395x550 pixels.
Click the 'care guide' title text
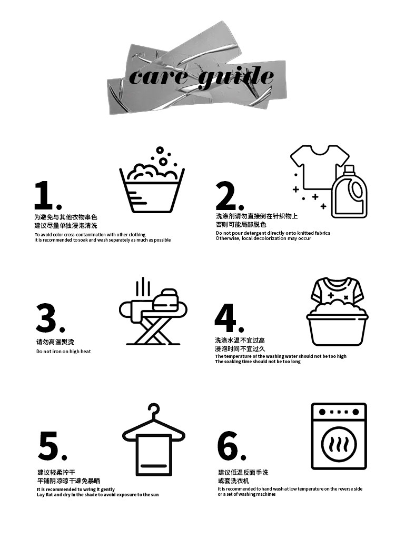pyautogui.click(x=201, y=77)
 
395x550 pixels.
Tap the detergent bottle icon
pyautogui.click(x=349, y=192)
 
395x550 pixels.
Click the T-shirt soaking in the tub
pyautogui.click(x=337, y=291)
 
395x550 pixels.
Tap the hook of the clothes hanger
pyautogui.click(x=154, y=411)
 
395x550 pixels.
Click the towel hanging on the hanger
pyautogui.click(x=154, y=455)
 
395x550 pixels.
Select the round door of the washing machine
pyautogui.click(x=339, y=444)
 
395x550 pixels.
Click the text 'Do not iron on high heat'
pyautogui.click(x=64, y=352)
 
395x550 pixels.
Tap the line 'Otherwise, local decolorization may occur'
pyautogui.click(x=263, y=238)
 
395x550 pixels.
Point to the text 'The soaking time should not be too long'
pyautogui.click(x=258, y=362)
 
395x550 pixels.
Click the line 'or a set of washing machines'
pyautogui.click(x=246, y=494)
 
